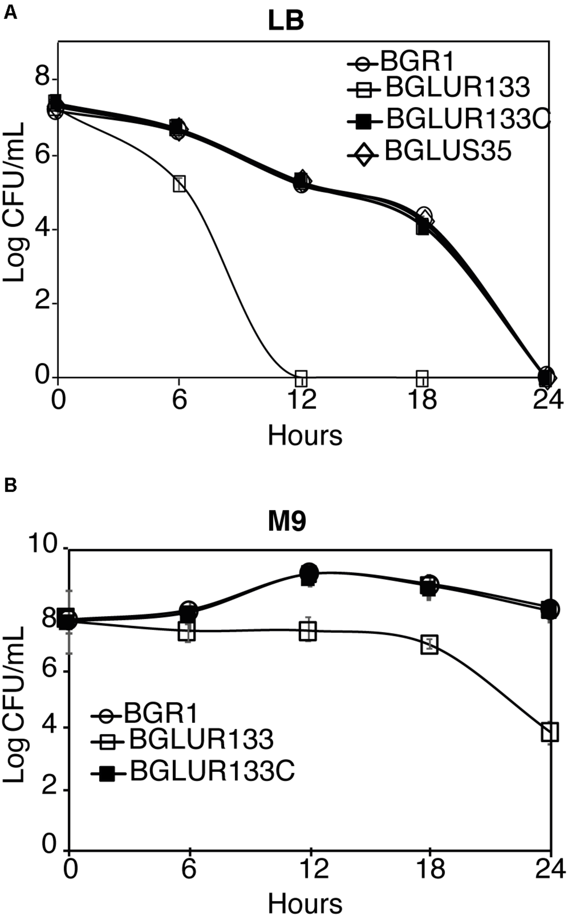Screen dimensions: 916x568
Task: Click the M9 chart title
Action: pos(287,522)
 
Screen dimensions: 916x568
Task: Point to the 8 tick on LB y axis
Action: pos(43,78)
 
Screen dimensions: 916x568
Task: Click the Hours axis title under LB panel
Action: pos(305,436)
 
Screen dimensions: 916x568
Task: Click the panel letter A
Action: pos(10,14)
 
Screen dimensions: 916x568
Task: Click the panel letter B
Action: pos(10,485)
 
